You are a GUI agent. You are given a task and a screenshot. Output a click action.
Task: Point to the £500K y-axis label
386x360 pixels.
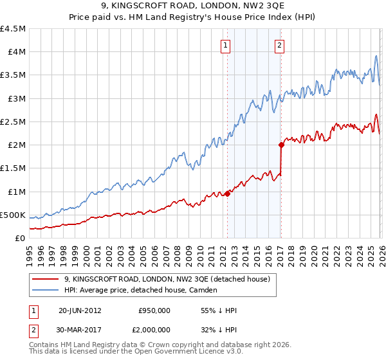(x=13, y=215)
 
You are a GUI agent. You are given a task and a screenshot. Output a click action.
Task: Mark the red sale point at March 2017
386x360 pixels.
(x=281, y=145)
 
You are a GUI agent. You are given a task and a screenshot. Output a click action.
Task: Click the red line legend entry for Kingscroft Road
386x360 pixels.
(x=170, y=278)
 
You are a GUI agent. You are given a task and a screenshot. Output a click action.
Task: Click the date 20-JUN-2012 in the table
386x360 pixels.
(x=80, y=310)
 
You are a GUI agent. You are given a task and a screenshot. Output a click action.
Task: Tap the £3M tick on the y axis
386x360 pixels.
(x=15, y=98)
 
